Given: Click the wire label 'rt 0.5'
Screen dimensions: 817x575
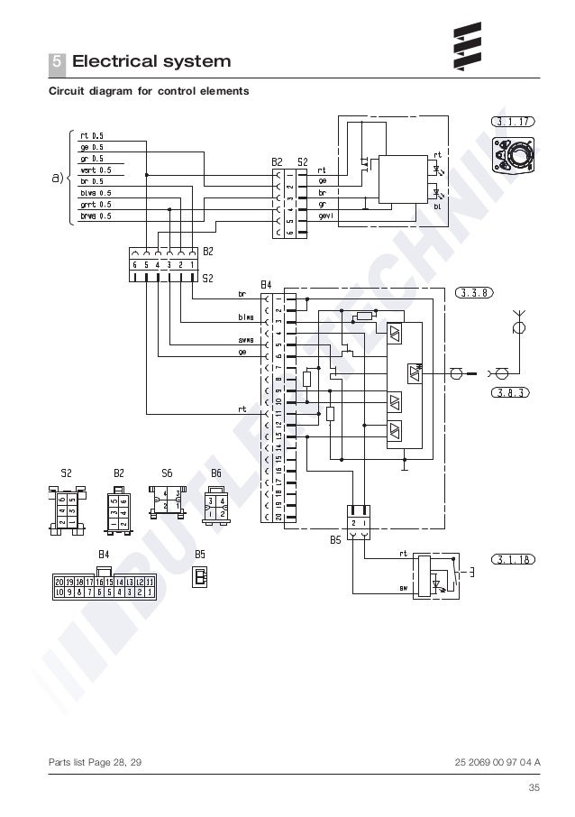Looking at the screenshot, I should coord(92,135).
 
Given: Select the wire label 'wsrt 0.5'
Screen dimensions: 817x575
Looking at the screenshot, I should coord(96,170).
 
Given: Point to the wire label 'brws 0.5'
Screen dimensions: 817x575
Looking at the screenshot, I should coord(96,216).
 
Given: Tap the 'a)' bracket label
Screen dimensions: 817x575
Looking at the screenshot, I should coord(57,177).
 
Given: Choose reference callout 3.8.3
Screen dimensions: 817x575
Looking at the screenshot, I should coord(510,392).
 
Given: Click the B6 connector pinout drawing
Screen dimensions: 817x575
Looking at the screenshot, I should coord(216,500).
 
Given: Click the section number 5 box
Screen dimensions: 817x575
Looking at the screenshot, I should coord(57,62).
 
